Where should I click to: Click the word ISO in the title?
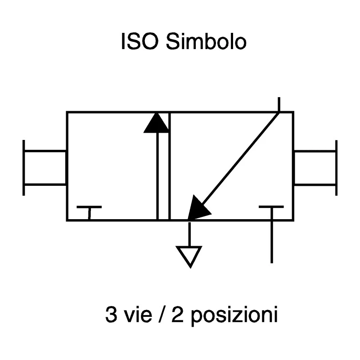click(139, 41)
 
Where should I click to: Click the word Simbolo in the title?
click(206, 41)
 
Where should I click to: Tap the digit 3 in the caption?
click(111, 314)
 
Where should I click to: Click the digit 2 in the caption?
click(177, 314)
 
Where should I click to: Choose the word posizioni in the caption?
click(234, 316)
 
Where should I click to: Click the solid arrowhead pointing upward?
click(157, 123)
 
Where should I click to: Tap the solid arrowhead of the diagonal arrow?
click(198, 208)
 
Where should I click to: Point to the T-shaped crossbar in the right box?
click(271, 207)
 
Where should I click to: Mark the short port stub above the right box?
click(279, 104)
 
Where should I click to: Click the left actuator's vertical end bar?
click(24, 168)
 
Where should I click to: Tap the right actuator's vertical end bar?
click(336, 168)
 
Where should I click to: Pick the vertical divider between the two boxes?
click(170, 166)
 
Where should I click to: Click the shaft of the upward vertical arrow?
click(157, 176)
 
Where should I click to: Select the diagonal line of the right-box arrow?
click(240, 158)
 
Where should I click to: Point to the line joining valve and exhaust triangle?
click(189, 234)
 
